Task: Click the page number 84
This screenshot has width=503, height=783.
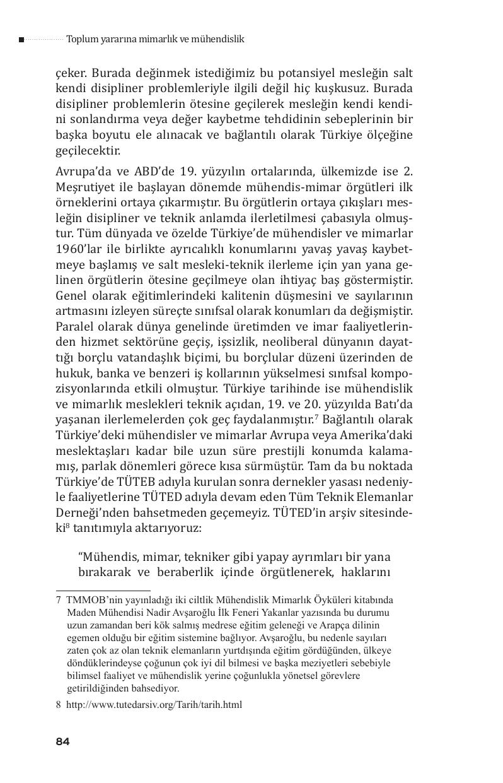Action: tap(62, 741)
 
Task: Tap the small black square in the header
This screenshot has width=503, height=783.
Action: tap(21, 40)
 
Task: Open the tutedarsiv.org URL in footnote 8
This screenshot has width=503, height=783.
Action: tap(154, 705)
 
